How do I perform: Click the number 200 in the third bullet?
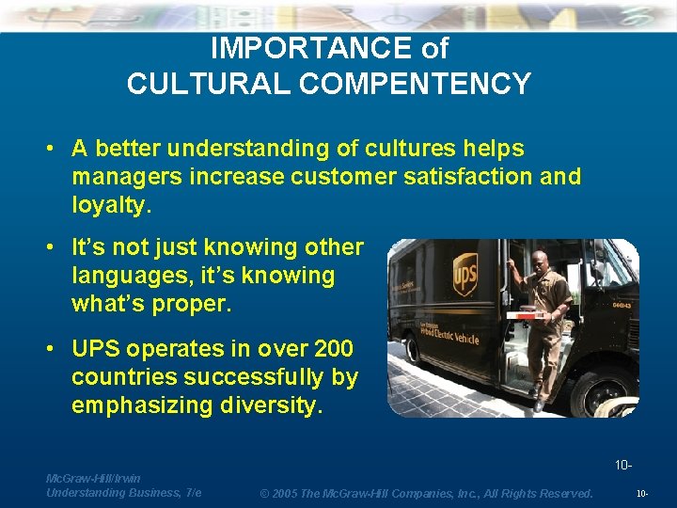pos(333,349)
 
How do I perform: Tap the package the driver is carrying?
pos(527,315)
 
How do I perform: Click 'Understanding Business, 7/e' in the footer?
pos(123,493)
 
